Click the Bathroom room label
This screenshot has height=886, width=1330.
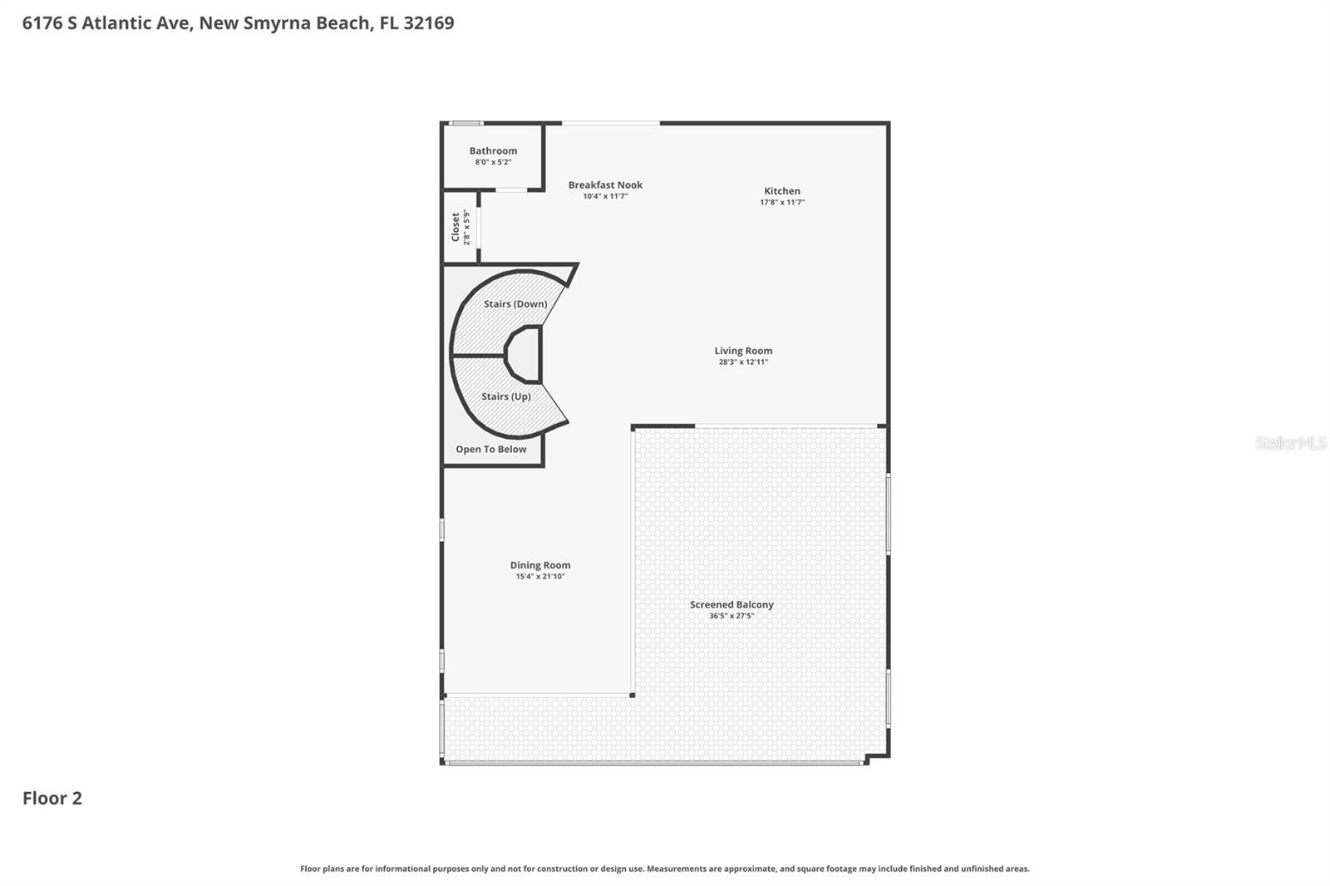tap(493, 150)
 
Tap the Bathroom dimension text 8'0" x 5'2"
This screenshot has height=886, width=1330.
tap(493, 162)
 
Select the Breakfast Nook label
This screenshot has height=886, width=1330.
tap(605, 185)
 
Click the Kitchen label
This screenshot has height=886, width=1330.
tap(782, 190)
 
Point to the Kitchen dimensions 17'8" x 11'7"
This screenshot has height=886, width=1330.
tap(782, 202)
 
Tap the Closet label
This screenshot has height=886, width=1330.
tap(456, 227)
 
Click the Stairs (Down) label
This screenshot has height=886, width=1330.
tap(515, 303)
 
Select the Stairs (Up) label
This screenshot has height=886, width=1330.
tap(506, 396)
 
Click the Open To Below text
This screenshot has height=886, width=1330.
tap(490, 449)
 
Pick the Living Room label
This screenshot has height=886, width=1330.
tap(743, 350)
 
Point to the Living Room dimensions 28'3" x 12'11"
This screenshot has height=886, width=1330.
tap(743, 362)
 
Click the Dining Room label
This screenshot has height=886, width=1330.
tap(540, 564)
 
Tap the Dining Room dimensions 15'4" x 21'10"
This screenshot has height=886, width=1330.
tap(540, 577)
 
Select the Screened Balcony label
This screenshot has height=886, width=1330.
tap(731, 604)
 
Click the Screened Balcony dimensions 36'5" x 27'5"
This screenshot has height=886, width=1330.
tap(731, 616)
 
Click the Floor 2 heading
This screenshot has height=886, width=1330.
tap(52, 798)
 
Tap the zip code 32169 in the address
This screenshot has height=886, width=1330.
tap(429, 22)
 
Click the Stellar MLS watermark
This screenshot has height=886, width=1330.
tap(1290, 443)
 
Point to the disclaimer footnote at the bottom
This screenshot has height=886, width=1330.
tap(665, 869)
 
